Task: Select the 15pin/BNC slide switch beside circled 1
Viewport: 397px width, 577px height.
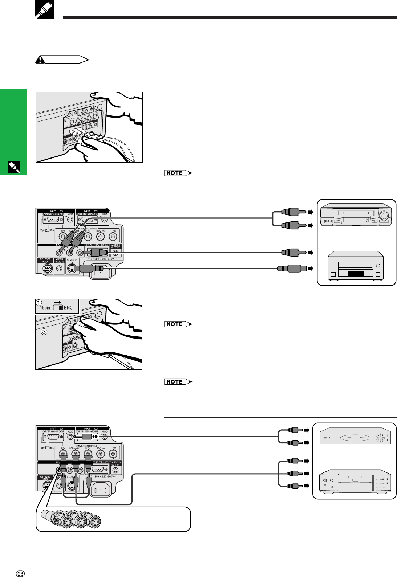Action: tap(58, 308)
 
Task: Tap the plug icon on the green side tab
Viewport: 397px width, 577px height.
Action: tap(13, 167)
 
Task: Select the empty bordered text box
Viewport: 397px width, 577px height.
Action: tap(280, 407)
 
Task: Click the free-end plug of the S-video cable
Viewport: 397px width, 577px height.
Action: tap(289, 269)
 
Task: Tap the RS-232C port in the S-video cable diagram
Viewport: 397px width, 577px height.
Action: tap(46, 269)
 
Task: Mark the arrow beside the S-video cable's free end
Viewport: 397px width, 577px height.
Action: tap(310, 269)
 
